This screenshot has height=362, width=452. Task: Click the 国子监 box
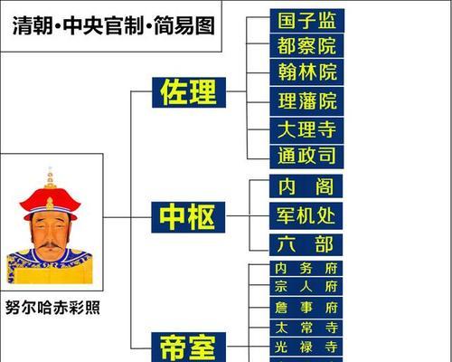point(307,21)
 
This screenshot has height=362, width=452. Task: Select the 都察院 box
point(306,46)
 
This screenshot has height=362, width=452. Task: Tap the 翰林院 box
point(306,72)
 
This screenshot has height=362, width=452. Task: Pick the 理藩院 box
point(306,101)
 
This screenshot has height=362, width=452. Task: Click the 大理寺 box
point(306,130)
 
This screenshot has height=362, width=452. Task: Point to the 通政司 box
point(306,157)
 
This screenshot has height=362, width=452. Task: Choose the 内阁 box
point(306,186)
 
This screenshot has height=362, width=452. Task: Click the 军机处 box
point(306,215)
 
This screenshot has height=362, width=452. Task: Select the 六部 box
point(306,244)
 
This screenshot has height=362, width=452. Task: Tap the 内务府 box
point(306,268)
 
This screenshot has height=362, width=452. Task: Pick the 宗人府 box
point(306,286)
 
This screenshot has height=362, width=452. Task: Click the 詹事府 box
point(306,308)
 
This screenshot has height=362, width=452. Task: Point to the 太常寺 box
point(306,328)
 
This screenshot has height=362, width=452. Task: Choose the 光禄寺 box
point(306,347)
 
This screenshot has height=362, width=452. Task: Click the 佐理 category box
point(189,92)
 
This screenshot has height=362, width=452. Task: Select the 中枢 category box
point(188,217)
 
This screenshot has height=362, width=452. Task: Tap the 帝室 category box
point(188,347)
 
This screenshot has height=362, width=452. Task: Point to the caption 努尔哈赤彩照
point(52,308)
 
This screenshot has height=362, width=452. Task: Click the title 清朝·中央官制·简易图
point(114,25)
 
